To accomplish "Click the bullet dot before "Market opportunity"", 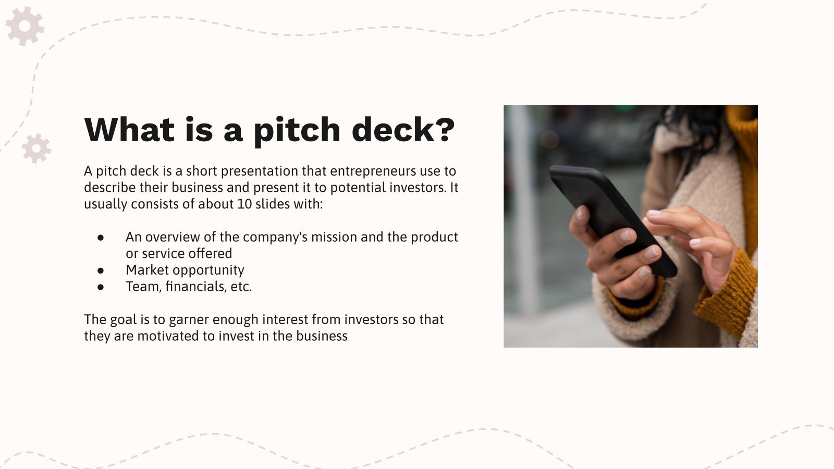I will click(101, 270).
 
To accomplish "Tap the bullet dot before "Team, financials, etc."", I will click(101, 287).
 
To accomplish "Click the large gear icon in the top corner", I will click(24, 26).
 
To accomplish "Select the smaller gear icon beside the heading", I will click(36, 149).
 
